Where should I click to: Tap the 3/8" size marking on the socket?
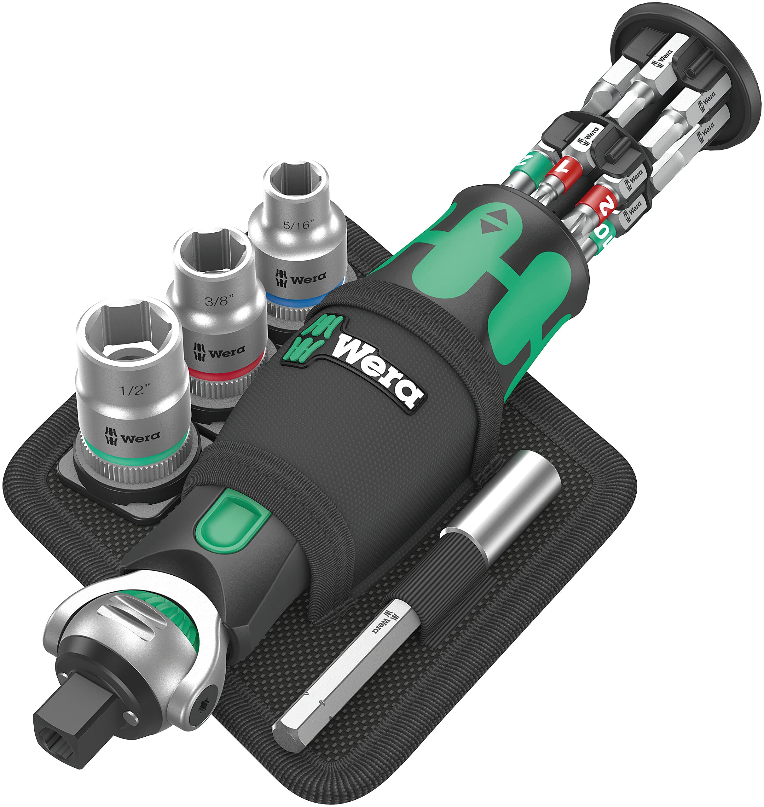coord(219,301)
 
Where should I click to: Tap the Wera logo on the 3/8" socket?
coord(219,351)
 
